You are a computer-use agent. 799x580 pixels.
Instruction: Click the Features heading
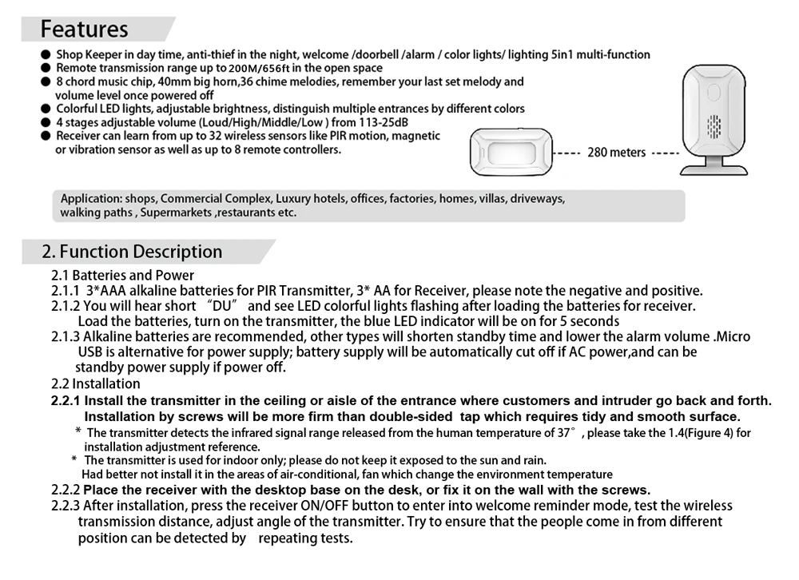[84, 29]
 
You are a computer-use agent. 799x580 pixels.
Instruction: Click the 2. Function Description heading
[132, 252]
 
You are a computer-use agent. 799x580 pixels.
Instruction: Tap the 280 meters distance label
[616, 152]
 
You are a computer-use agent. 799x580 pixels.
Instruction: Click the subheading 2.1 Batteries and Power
[122, 276]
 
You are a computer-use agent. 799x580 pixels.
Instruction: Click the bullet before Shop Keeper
[46, 55]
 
